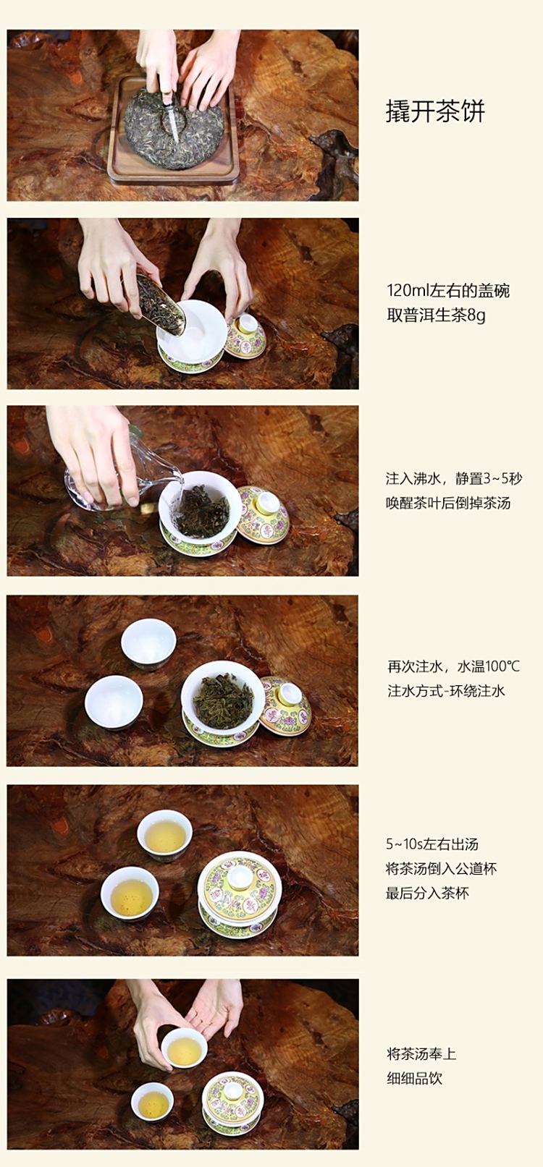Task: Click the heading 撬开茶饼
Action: pyautogui.click(x=435, y=111)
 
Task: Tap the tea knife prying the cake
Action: pyautogui.click(x=170, y=115)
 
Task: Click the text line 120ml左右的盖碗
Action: pyautogui.click(x=447, y=290)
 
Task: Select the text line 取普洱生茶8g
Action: pyautogui.click(x=436, y=315)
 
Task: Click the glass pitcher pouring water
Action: pyautogui.click(x=121, y=479)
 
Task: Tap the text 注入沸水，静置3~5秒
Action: pyautogui.click(x=454, y=478)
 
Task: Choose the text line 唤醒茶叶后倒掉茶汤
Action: pyautogui.click(x=447, y=503)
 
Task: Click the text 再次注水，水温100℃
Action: pyautogui.click(x=453, y=666)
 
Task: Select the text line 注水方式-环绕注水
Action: pyautogui.click(x=446, y=691)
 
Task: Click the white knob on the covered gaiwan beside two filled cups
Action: pyautogui.click(x=239, y=877)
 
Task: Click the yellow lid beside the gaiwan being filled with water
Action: pyautogui.click(x=264, y=516)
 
